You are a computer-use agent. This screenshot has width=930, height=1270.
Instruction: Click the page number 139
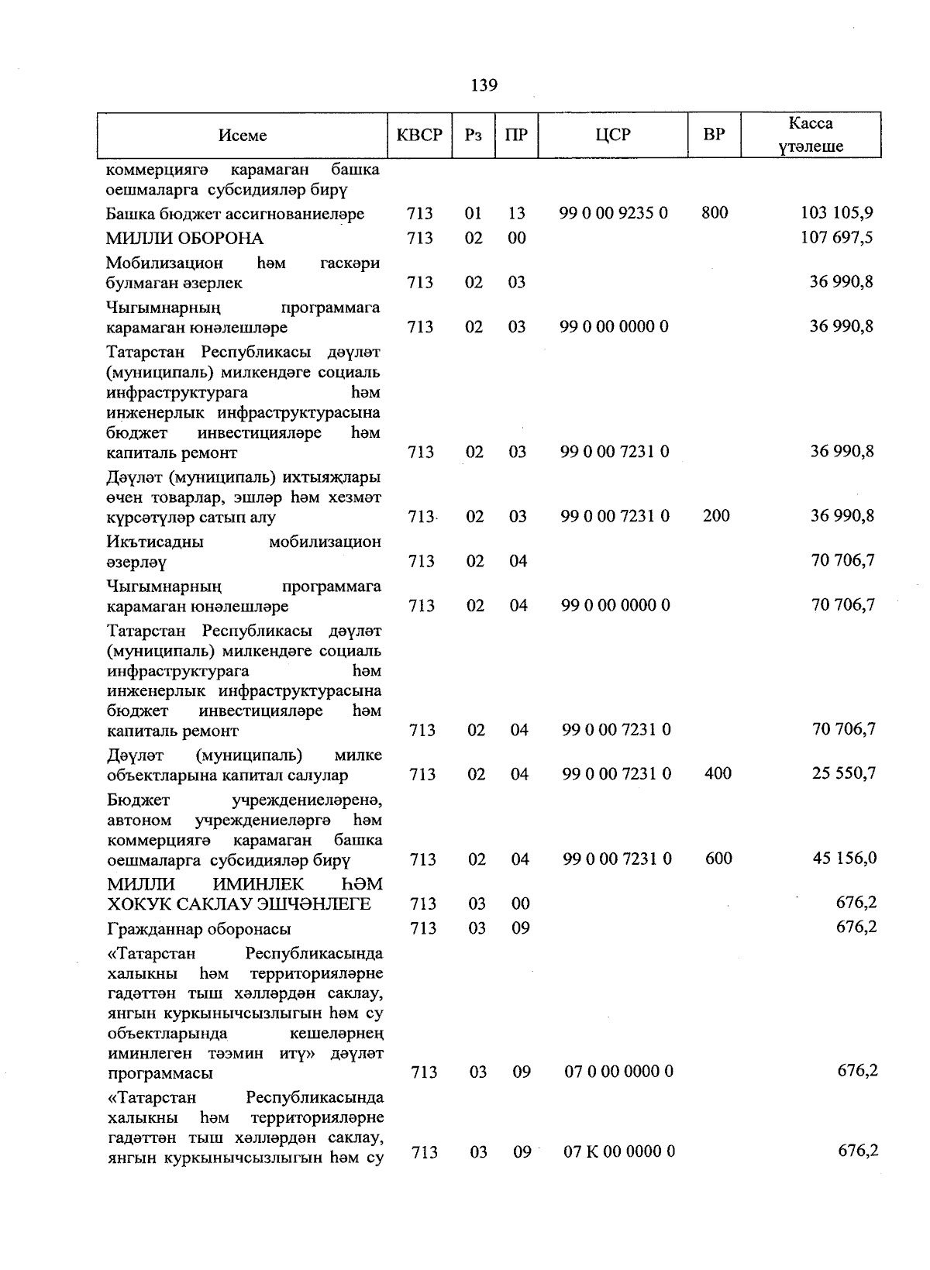click(484, 85)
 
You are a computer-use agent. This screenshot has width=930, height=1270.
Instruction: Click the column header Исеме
click(242, 136)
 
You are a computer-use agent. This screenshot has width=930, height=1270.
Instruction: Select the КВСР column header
click(419, 135)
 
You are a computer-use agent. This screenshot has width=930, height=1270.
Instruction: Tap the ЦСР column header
click(613, 135)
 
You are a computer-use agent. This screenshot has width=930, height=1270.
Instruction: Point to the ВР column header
click(714, 135)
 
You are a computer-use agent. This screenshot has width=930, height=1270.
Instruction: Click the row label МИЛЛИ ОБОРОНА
click(184, 239)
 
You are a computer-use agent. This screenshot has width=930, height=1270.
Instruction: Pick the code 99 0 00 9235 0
click(614, 213)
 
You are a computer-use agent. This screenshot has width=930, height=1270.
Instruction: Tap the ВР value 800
click(714, 212)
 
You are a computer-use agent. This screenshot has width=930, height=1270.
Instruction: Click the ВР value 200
click(715, 515)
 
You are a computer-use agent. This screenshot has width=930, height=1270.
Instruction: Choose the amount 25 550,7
click(843, 773)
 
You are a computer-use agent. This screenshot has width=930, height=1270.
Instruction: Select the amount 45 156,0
click(844, 858)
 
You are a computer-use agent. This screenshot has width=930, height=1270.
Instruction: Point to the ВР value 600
click(718, 858)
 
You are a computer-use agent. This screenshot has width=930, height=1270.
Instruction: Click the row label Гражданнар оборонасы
click(198, 929)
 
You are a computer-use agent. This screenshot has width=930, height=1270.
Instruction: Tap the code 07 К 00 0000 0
click(618, 1152)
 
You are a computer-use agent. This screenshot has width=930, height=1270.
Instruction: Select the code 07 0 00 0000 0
click(618, 1072)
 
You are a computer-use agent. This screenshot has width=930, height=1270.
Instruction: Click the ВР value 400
click(718, 773)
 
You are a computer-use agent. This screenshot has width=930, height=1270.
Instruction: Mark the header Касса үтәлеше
click(811, 135)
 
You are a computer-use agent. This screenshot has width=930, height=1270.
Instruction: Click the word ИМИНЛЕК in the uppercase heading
click(259, 884)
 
